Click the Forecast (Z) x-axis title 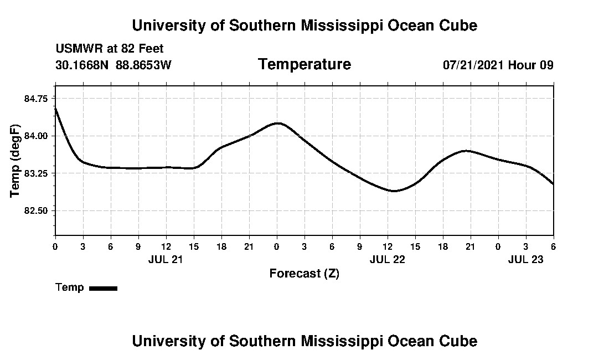(x=304, y=273)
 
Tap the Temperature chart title (x=304, y=64)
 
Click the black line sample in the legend (x=103, y=288)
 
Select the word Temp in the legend (x=70, y=287)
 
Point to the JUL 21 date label (x=166, y=259)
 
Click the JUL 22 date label (x=387, y=259)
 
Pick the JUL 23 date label (x=525, y=259)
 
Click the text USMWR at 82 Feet (x=110, y=49)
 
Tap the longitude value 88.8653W (x=143, y=65)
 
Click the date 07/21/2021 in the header (x=473, y=65)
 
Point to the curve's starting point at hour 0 (x=55, y=108)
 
